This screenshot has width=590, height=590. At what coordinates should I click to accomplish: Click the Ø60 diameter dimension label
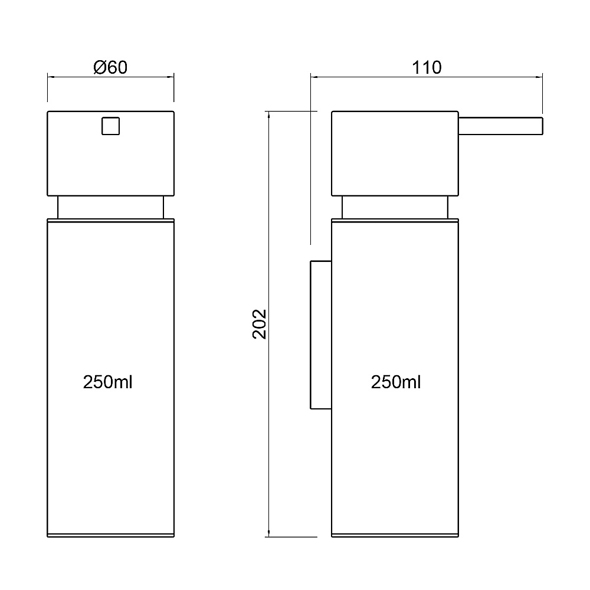tap(110, 68)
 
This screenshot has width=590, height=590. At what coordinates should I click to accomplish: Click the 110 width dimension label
tap(427, 68)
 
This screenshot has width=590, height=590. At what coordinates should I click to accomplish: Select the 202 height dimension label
tap(259, 324)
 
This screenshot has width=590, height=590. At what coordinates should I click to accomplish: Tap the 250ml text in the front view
tap(107, 382)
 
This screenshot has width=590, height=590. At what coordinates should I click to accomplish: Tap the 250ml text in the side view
tap(396, 382)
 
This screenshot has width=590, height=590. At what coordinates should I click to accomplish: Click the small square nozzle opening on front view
tap(111, 126)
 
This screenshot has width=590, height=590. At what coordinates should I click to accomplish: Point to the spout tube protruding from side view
tap(500, 126)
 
